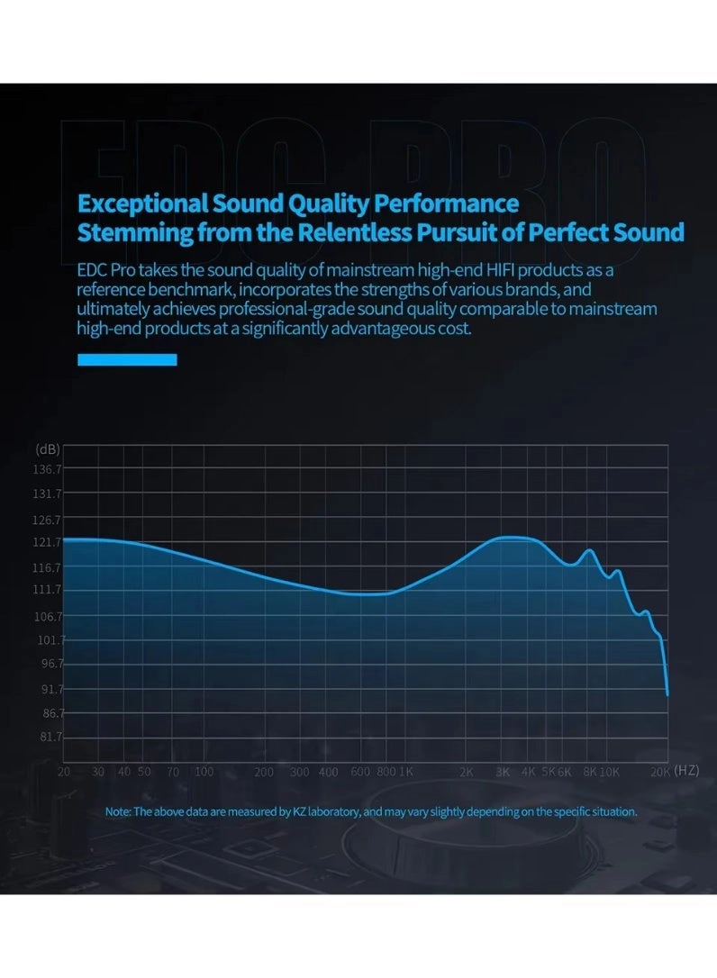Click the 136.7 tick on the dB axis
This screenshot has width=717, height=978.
coord(47,469)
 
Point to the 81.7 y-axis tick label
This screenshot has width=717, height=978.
coord(50,737)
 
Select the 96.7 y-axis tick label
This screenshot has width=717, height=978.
coord(50,664)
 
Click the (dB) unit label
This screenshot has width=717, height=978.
coord(48,448)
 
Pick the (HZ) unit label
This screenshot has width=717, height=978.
coord(686,771)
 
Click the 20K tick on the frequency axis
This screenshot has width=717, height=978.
coord(660,772)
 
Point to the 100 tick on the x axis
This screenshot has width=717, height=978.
coord(204,772)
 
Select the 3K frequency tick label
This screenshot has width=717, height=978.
coord(503,772)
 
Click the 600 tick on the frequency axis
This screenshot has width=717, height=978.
coord(360,772)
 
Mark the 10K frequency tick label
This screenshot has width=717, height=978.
coord(610,772)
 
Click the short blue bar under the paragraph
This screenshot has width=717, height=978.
coord(127,359)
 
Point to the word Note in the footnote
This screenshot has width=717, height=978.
coord(118,811)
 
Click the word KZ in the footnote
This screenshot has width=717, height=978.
coord(300,811)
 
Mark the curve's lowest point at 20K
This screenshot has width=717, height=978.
coord(667,694)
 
